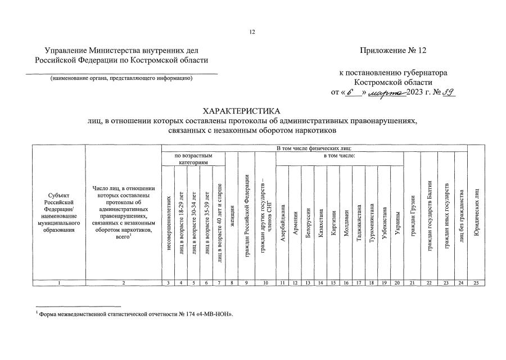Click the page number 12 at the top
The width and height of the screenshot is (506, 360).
[252, 32]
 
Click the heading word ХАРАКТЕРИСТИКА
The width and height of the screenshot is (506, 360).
[252, 110]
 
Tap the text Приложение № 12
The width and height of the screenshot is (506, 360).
[393, 51]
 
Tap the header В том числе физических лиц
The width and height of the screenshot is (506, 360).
[314, 148]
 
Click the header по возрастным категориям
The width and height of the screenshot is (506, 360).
[193, 158]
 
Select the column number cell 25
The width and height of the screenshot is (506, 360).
[476, 282]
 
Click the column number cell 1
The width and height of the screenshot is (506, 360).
[59, 282]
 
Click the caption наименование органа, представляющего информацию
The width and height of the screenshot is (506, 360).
[121, 78]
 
